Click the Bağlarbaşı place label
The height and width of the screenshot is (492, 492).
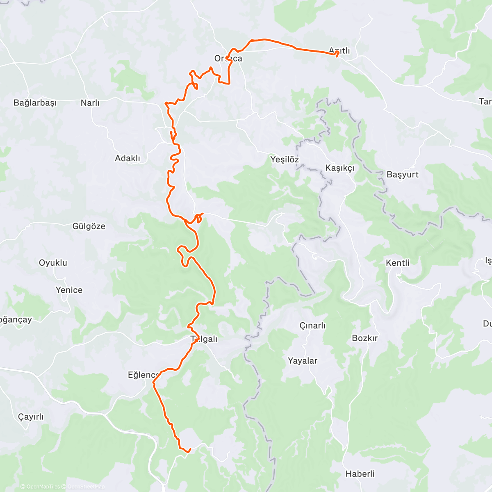35,103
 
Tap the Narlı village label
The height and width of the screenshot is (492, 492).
90,103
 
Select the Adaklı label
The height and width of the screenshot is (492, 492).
127,158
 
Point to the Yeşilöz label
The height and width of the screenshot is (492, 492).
284,159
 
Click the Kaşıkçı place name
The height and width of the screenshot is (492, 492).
339,168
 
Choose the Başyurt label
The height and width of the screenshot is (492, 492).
402,175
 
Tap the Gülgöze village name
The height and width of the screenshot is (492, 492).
89,226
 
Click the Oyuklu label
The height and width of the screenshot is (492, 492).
53,263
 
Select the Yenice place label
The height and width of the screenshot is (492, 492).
69,290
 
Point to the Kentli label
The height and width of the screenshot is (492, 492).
397,263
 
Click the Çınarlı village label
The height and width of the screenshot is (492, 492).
312,326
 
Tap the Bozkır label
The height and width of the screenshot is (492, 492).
364,338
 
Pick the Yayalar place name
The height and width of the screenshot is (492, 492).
302,361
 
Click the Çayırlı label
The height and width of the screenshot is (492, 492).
30,417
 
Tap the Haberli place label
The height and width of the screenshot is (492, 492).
360,474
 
